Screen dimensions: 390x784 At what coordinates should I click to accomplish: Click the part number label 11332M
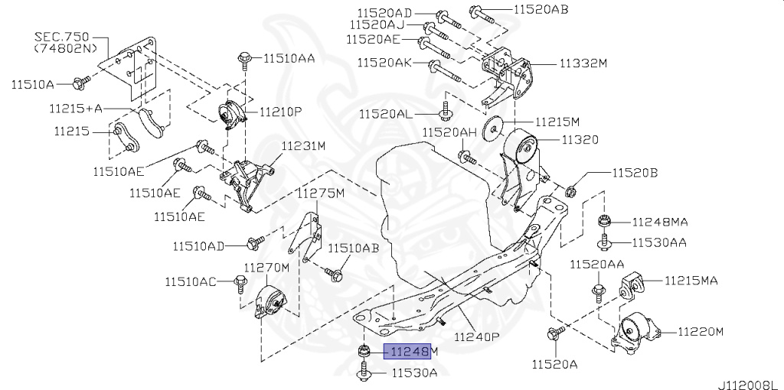[x=583, y=63]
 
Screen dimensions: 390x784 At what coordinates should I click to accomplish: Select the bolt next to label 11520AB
[x=475, y=11]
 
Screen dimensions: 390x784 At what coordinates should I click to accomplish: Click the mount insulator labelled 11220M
[x=634, y=332]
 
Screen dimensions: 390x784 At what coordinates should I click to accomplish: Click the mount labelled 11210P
[x=232, y=116]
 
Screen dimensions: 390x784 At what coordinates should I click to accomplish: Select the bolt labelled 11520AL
[x=445, y=113]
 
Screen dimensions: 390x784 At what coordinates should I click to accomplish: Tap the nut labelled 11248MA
[x=603, y=223]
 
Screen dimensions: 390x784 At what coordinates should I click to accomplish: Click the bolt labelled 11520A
[x=554, y=333]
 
